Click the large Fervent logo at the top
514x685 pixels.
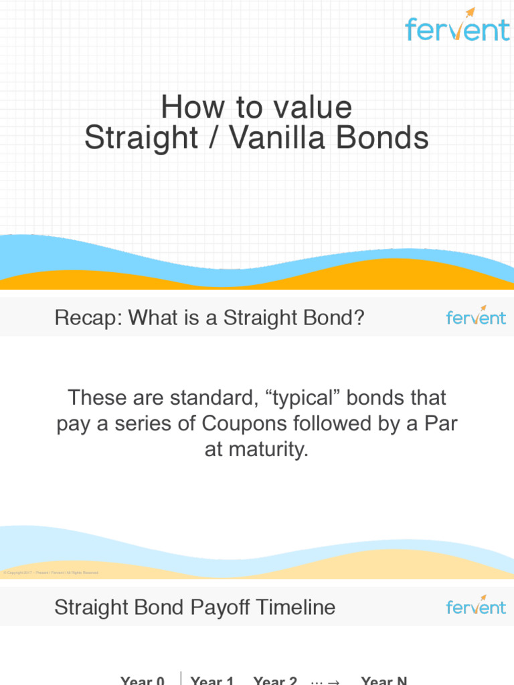(457, 27)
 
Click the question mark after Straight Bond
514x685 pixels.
(359, 317)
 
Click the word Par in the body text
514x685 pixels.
(440, 424)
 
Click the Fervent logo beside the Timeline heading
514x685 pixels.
(476, 606)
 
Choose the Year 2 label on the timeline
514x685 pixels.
(275, 680)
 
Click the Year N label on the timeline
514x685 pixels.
(384, 680)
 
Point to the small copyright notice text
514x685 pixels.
(51, 573)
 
